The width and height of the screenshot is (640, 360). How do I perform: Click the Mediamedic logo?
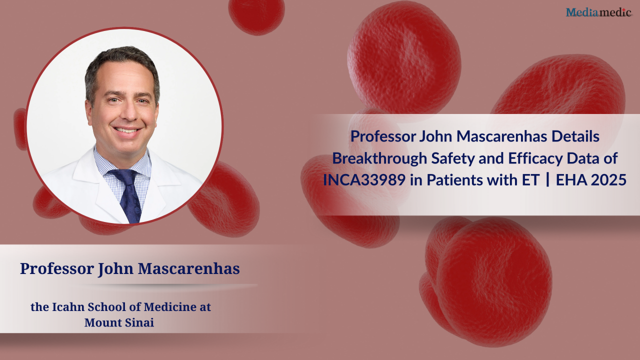pyautogui.click(x=598, y=12)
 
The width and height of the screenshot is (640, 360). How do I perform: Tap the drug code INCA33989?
pyautogui.click(x=364, y=180)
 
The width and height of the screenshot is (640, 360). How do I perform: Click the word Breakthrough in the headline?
pyautogui.click(x=379, y=158)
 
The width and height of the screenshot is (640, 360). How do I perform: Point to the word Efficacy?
pyautogui.click(x=535, y=158)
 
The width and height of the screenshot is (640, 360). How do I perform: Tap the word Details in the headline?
pyautogui.click(x=575, y=136)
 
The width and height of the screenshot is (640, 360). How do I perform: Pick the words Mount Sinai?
pyautogui.click(x=119, y=322)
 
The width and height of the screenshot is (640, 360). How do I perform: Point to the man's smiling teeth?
pyautogui.click(x=126, y=130)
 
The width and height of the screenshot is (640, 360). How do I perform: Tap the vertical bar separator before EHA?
pyautogui.click(x=547, y=180)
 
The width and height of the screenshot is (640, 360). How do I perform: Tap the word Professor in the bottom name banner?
pyautogui.click(x=57, y=268)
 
